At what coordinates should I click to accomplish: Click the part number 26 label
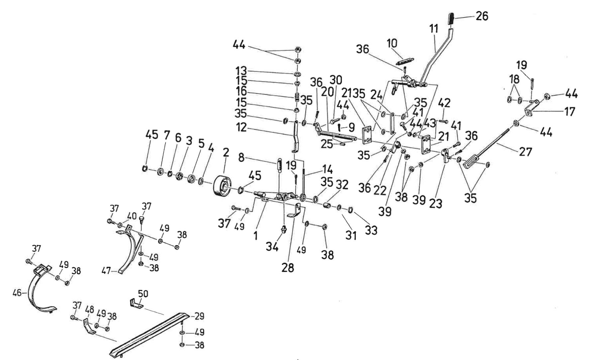point(482,16)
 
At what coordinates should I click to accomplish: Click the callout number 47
point(106,271)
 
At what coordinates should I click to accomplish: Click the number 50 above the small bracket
point(143,294)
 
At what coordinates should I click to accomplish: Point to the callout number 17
point(569,111)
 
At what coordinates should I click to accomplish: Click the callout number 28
point(288,267)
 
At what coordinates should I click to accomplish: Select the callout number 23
point(436,203)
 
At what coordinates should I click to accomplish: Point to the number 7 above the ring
point(166,135)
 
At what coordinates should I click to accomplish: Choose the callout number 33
point(371,230)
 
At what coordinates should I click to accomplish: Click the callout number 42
point(445,103)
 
